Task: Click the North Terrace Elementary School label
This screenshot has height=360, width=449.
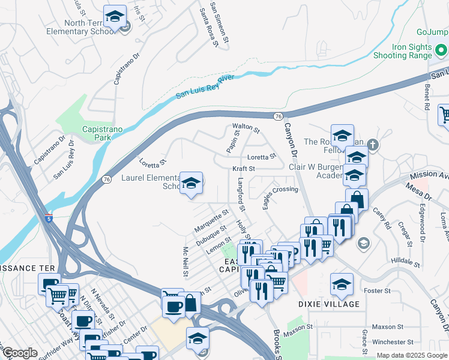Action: coord(80,28)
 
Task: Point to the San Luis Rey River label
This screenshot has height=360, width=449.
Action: coord(205,87)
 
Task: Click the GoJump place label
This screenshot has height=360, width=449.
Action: coord(432,32)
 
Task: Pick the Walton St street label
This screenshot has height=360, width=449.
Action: coord(246,128)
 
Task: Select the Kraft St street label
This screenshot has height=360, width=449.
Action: coord(244,169)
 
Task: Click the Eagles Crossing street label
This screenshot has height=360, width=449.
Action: coord(280,189)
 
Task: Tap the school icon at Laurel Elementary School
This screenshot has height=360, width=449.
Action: coord(191,184)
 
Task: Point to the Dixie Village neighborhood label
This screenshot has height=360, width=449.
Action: coord(329,304)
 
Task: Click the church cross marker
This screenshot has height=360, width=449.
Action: coord(373,145)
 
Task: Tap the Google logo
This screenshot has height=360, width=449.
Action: coord(20,353)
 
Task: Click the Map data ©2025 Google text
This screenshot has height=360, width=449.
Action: coord(412,356)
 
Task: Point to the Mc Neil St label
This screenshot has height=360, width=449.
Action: coord(185,261)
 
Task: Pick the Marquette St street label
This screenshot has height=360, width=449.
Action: coord(211,221)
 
